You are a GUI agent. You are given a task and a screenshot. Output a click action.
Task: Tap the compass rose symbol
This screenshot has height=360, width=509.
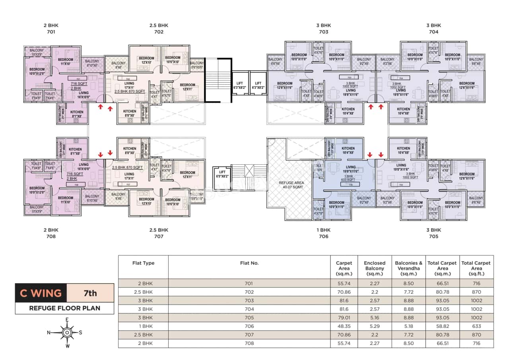point(67,332)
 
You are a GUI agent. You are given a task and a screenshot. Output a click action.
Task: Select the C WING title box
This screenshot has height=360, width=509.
point(41,294)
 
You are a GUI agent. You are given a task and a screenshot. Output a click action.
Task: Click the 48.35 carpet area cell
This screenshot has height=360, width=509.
point(344,326)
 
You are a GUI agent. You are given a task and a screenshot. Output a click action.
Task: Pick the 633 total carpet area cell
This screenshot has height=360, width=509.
point(476,326)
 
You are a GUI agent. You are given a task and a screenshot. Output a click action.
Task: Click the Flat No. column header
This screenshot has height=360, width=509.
point(249,263)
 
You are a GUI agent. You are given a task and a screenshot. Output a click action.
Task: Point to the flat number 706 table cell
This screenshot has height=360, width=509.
point(249,326)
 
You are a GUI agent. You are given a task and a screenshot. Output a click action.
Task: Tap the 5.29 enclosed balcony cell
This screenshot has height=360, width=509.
point(375,326)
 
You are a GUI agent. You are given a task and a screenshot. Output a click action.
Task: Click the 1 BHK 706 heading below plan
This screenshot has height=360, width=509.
point(323,233)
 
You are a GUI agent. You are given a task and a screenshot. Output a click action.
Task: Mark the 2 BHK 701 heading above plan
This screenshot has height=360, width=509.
point(51,28)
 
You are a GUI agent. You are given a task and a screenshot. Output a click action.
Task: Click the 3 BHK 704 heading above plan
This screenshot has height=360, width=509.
point(433,28)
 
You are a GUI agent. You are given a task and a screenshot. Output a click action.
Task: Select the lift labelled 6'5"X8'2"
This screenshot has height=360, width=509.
point(222,174)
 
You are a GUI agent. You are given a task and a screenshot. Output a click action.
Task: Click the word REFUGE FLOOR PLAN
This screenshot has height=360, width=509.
point(64,308)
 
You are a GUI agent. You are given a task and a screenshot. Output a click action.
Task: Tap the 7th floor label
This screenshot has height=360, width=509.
point(90,294)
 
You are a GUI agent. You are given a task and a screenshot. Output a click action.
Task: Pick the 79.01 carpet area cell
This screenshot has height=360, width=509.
point(344,317)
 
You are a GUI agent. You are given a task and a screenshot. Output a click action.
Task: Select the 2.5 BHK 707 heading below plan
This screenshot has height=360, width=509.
point(159,233)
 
